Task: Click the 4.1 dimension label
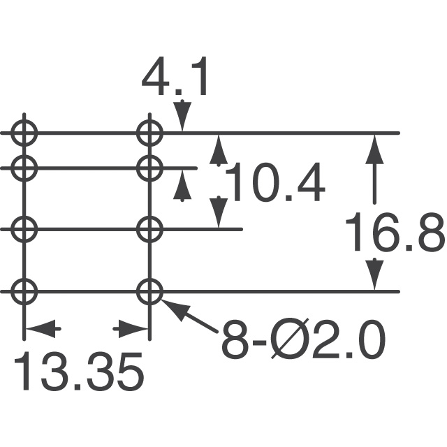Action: pos(174,77)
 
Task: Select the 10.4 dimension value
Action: pos(274,182)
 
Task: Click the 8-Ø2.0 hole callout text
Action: pos(304,340)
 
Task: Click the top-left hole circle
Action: pos(24,133)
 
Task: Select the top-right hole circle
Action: pos(149,133)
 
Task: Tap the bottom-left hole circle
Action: pos(24,291)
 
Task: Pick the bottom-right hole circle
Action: pos(149,291)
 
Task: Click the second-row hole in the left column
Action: pos(24,168)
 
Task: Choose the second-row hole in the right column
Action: pos(149,168)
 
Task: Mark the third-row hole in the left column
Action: pos(24,229)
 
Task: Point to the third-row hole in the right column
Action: pos(149,229)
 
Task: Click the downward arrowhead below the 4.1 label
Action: pos(182,116)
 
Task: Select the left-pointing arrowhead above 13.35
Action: pos(43,329)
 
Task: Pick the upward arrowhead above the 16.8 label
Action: pos(374,149)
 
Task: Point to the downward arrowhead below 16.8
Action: pos(374,274)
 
